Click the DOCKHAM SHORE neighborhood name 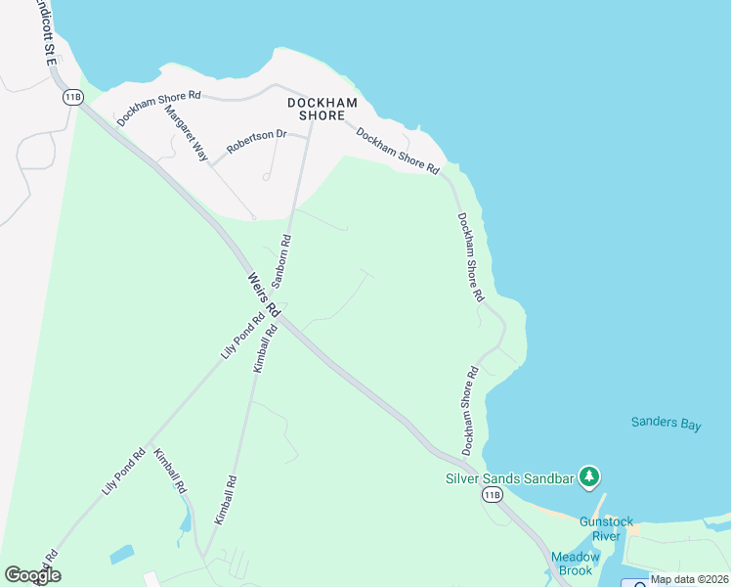(x=316, y=109)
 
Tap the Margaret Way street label (x=187, y=133)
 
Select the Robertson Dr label (x=256, y=142)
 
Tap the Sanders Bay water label (x=666, y=424)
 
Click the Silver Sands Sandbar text (x=508, y=478)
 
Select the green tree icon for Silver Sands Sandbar (x=588, y=477)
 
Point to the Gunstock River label (x=606, y=528)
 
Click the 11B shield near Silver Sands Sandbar (x=492, y=496)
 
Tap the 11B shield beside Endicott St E (x=72, y=97)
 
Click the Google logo (x=32, y=575)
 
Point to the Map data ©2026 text (x=689, y=579)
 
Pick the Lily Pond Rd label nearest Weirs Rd (x=243, y=335)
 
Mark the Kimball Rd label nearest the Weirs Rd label (x=266, y=348)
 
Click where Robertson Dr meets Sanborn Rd (x=308, y=137)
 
